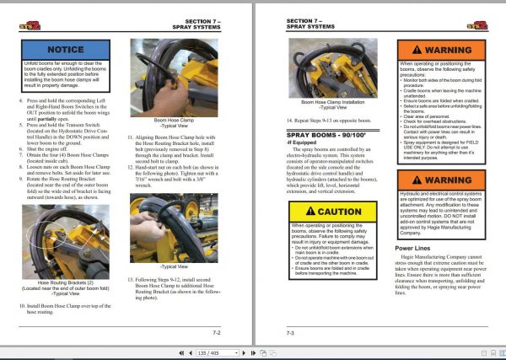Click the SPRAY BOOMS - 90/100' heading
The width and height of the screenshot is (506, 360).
click(324, 134)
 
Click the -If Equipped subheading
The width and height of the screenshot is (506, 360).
click(302, 143)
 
